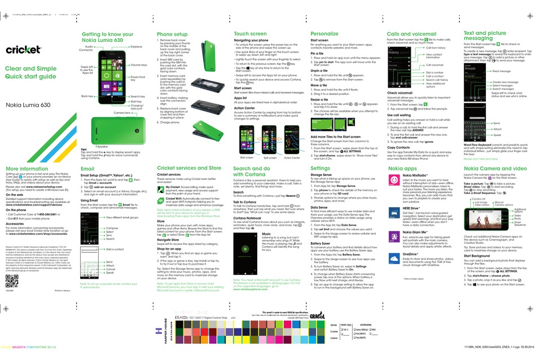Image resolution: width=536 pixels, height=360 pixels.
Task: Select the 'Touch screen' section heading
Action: [x=251, y=34]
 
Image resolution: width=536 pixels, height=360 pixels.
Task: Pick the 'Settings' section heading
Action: [x=320, y=168]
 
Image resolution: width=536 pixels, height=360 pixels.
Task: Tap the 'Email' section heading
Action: [x=87, y=168]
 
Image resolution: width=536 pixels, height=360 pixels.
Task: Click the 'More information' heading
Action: [x=27, y=168]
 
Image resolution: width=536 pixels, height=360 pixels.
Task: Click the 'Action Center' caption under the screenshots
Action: [x=292, y=157]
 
